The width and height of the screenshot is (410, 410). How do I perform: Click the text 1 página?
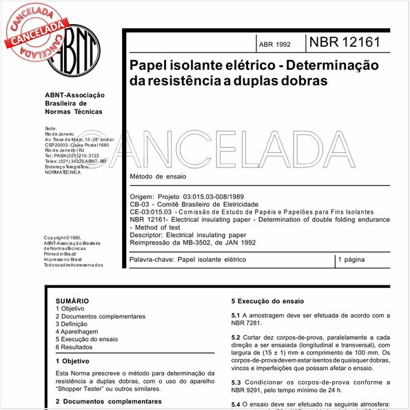353,260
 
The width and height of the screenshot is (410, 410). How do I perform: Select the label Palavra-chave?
151,260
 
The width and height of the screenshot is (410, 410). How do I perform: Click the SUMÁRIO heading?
72,301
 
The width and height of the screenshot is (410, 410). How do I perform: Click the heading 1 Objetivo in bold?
76,360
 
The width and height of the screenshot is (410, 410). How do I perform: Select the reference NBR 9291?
249,389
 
